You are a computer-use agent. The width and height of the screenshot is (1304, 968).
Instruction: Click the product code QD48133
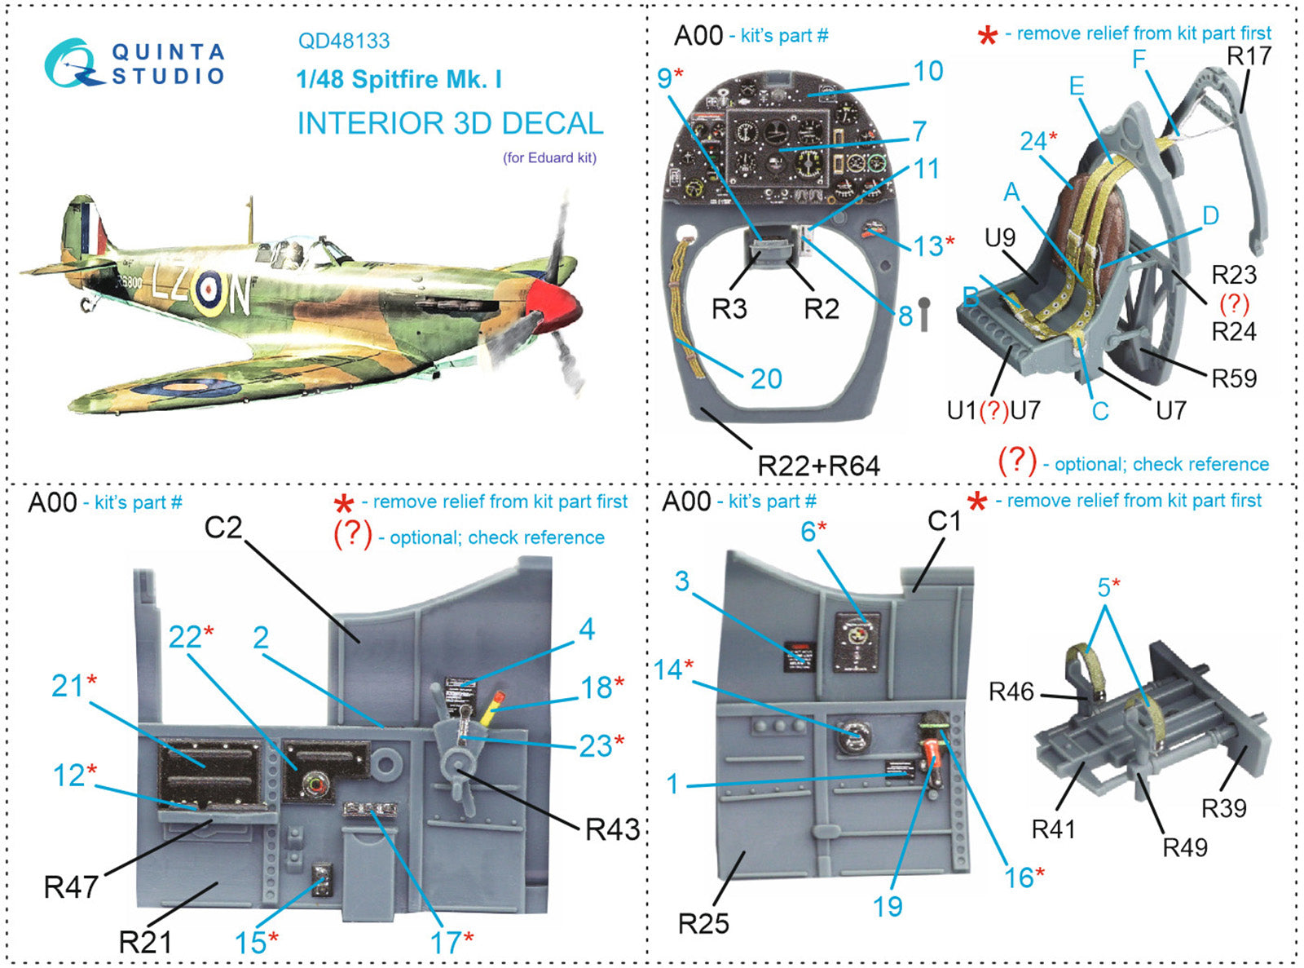click(x=343, y=41)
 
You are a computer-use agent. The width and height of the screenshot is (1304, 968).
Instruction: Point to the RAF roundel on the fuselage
click(x=209, y=288)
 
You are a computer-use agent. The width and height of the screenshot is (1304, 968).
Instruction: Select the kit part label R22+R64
click(x=818, y=466)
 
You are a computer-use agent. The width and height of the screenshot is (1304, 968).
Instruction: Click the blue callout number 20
click(x=766, y=378)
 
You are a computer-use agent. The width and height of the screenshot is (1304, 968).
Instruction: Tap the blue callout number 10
click(x=927, y=72)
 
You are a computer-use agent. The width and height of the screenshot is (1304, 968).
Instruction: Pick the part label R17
click(x=1249, y=55)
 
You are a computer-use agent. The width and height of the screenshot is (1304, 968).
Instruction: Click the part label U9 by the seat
click(x=999, y=237)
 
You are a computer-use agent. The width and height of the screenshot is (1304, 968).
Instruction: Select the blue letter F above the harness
click(x=1139, y=59)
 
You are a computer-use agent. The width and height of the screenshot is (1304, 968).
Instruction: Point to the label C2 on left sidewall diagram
click(x=222, y=528)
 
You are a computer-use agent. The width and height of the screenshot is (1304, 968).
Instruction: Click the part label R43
click(x=612, y=829)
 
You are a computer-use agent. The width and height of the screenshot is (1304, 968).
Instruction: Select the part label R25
click(x=703, y=923)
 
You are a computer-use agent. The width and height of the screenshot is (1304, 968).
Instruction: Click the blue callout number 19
click(x=888, y=906)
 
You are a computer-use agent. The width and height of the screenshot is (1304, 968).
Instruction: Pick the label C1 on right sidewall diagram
click(x=945, y=520)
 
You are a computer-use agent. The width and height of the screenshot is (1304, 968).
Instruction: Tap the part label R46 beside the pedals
click(x=1011, y=692)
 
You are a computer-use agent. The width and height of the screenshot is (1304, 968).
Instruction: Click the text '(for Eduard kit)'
click(x=549, y=158)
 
